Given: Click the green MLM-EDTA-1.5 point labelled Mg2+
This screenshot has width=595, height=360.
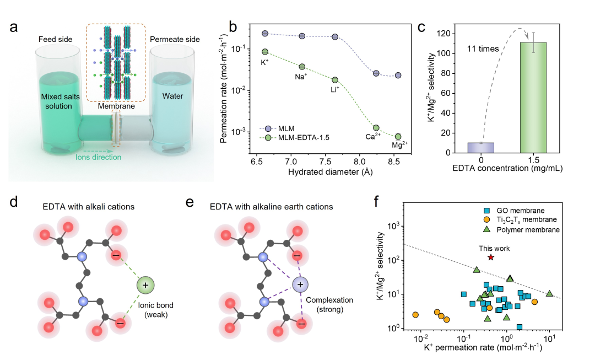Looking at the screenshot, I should click(398, 137).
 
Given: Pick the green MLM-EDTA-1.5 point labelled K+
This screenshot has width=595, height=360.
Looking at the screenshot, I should click(264, 52).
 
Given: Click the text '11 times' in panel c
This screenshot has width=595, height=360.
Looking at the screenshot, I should click(483, 49).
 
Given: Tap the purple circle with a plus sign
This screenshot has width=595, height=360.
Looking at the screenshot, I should click(300, 285).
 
